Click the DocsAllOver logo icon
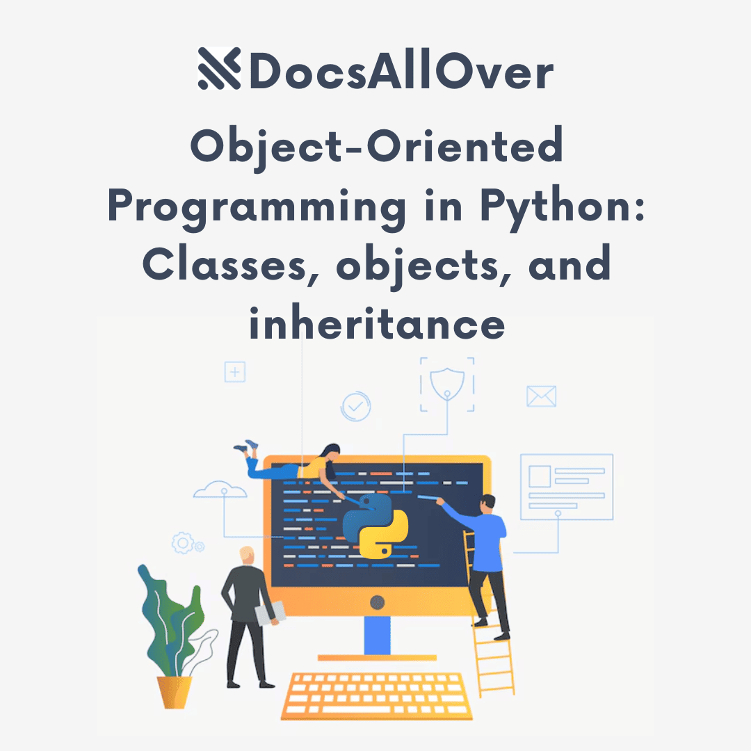(219, 68)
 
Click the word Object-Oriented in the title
(376, 147)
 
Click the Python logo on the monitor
(375, 526)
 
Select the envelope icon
(541, 396)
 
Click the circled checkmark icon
(355, 406)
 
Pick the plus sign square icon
(235, 372)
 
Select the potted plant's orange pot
(174, 692)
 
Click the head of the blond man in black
(247, 556)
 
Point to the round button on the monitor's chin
(378, 601)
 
